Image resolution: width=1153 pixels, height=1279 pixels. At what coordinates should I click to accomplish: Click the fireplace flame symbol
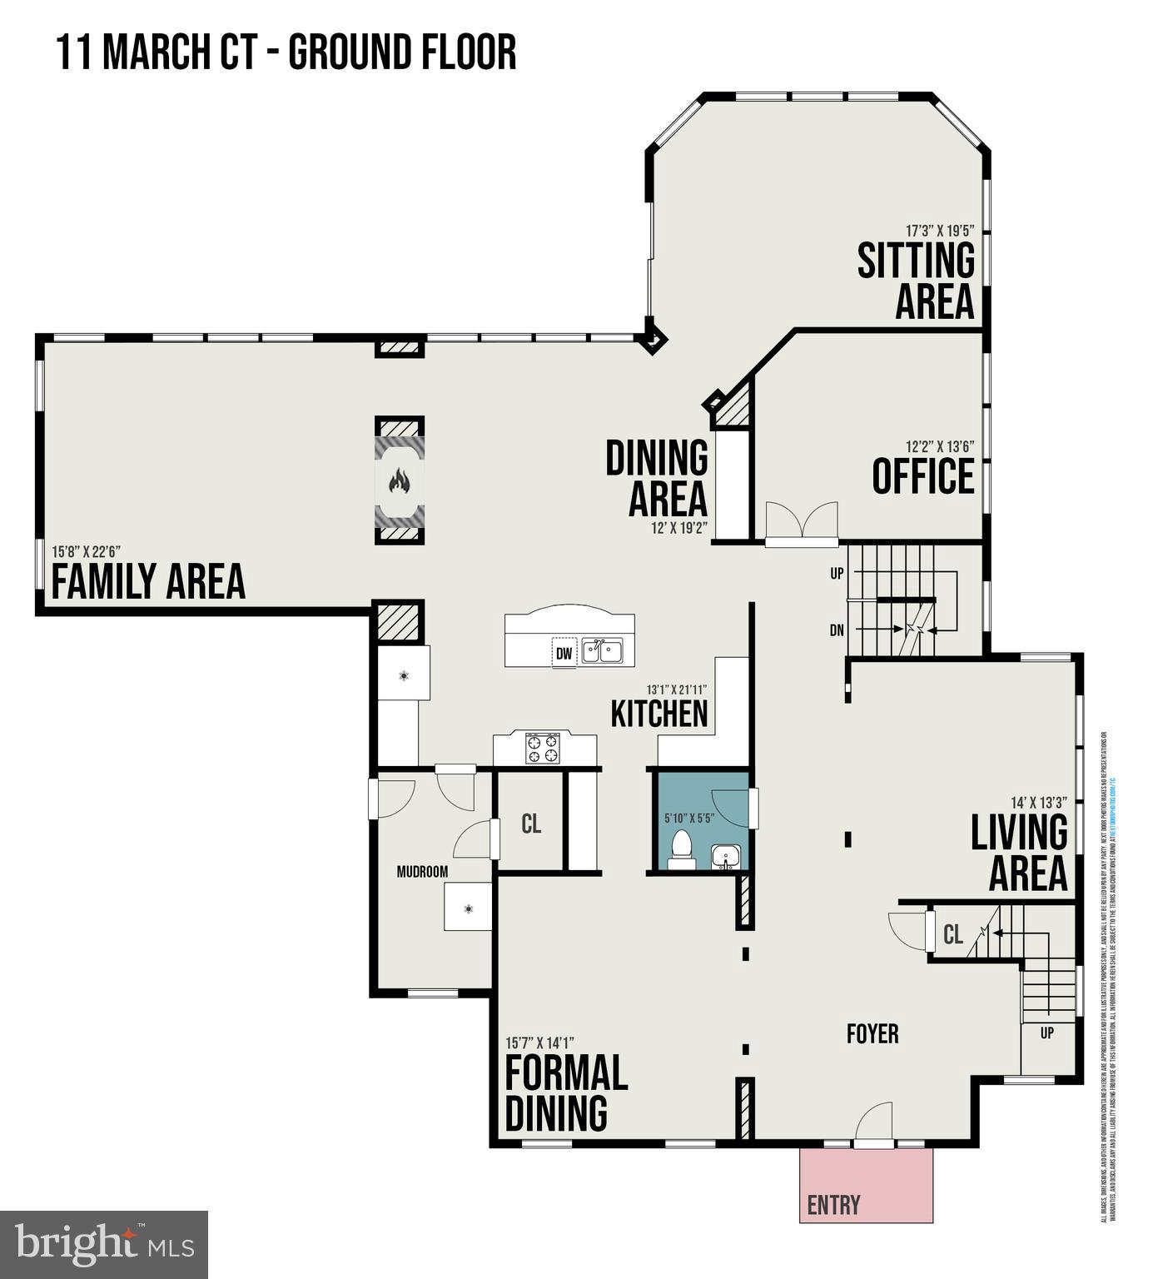(400, 480)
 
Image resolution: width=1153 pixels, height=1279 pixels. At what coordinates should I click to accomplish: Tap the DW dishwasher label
(564, 654)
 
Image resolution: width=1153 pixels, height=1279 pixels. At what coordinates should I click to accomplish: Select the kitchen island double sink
(602, 650)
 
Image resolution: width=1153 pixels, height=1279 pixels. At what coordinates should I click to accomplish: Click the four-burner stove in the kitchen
(542, 748)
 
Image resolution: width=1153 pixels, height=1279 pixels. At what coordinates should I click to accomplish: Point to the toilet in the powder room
(682, 849)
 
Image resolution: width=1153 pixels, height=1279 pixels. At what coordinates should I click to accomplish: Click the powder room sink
(725, 856)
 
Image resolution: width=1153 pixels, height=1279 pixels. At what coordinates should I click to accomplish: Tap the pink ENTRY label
(833, 1204)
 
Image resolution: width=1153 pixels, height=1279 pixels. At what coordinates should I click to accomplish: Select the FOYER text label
(872, 1033)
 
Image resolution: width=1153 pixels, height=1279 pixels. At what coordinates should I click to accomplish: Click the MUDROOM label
(422, 872)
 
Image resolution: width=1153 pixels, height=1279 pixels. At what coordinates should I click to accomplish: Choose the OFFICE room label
(922, 477)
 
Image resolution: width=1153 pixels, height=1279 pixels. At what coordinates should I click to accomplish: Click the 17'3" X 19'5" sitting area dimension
(940, 230)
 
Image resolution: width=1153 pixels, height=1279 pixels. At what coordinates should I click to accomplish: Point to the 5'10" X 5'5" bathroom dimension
(689, 818)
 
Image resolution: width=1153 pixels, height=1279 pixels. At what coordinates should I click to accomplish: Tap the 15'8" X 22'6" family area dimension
(87, 551)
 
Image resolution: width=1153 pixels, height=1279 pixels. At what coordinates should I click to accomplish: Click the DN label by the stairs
(837, 630)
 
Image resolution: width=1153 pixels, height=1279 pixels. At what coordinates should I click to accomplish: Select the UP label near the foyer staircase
(1046, 1033)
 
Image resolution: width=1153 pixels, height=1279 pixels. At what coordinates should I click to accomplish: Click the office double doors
(801, 522)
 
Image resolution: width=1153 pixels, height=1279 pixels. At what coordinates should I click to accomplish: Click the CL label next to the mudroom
(531, 824)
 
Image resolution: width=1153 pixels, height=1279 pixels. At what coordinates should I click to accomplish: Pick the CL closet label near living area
(953, 935)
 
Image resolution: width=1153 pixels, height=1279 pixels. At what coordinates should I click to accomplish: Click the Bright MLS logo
(104, 1244)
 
